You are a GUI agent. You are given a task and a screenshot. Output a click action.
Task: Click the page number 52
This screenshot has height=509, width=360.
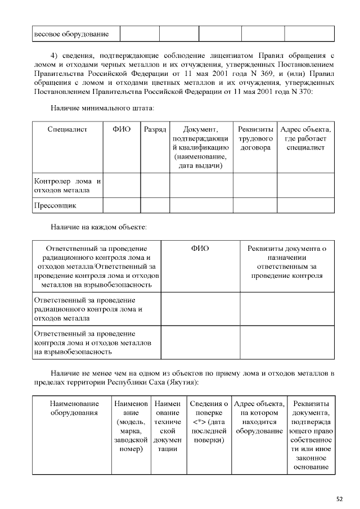point(339,498)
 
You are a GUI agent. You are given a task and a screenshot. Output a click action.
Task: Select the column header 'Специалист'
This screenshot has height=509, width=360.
point(67,130)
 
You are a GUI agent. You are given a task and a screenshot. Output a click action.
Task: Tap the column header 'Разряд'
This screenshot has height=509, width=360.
point(155,130)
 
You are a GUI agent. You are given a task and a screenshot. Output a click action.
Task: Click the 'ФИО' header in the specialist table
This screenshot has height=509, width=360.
point(121,130)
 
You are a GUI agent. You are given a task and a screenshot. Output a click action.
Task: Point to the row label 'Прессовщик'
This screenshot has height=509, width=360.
point(55,206)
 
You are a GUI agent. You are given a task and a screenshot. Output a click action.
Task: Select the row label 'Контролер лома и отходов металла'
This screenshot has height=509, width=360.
point(67,186)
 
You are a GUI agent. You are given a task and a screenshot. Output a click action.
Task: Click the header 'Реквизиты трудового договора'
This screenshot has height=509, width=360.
point(255,138)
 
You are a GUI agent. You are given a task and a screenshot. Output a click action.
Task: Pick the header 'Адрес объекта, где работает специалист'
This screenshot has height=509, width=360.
point(305,138)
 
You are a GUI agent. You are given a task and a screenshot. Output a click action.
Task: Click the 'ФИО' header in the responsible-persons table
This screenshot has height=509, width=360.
point(200,248)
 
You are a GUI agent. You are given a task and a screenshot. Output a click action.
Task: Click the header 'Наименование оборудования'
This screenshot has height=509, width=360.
point(74,408)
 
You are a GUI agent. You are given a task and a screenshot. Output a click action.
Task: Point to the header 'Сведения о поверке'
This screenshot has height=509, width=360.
point(209,422)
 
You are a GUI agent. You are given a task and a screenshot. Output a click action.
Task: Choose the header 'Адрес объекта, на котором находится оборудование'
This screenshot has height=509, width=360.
point(259,417)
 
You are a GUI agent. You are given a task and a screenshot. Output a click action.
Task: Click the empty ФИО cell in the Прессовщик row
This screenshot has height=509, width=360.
point(121,206)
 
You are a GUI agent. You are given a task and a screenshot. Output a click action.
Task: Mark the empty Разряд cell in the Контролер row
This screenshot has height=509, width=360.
point(155,186)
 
